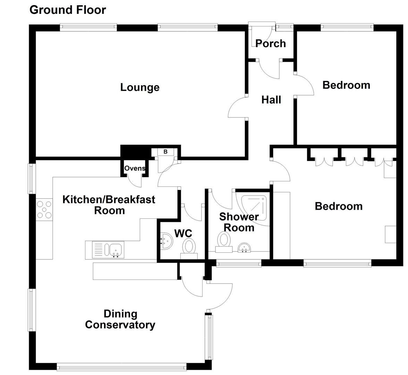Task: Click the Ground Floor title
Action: [68, 10]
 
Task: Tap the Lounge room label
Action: [140, 87]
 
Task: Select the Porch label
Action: [271, 43]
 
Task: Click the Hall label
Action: [271, 100]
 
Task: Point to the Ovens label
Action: [135, 168]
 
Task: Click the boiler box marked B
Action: [165, 152]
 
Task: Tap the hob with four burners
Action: [44, 210]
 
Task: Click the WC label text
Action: [183, 233]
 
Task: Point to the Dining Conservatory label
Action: [120, 319]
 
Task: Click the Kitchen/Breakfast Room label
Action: [109, 205]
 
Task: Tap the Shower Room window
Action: [239, 264]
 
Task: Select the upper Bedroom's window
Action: [347, 26]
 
